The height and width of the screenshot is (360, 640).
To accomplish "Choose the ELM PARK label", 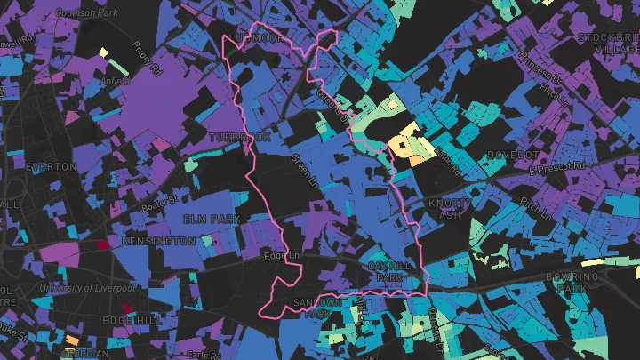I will point(212,219).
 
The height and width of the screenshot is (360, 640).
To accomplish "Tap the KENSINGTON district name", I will point(158,242).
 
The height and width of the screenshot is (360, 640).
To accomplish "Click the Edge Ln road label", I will point(284,257).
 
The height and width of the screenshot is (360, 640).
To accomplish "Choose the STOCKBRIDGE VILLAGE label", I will point(609,44).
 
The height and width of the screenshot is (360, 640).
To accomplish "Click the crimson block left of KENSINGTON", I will point(103,243).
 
